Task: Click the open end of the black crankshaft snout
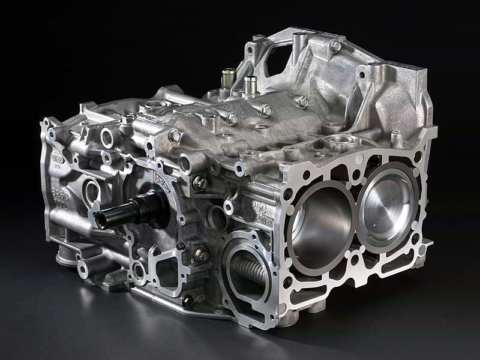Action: (101, 220)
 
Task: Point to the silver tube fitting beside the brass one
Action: (250, 83)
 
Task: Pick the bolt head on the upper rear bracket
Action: (335, 45)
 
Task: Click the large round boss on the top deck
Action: (343, 143)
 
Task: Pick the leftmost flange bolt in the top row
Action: (175, 136)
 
